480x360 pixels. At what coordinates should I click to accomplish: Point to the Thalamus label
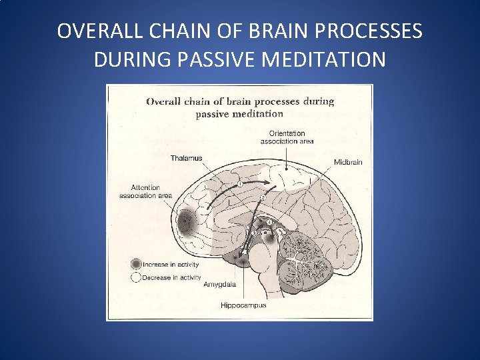click(186, 158)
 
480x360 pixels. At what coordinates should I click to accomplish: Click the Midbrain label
click(348, 162)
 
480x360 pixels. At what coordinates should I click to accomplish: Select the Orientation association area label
click(287, 137)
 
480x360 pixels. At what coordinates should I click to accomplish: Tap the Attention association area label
click(144, 191)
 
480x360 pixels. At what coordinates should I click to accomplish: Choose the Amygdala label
click(219, 284)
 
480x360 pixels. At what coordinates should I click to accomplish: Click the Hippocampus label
click(243, 305)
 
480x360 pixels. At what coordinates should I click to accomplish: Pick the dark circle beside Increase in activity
click(136, 264)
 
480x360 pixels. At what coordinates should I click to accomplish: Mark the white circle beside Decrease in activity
click(136, 277)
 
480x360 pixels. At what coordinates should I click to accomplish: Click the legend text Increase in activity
click(171, 265)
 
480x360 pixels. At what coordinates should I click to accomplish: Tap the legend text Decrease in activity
click(172, 278)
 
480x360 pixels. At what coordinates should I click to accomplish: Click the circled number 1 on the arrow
click(239, 185)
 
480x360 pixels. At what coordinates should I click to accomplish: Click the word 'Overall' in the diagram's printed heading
click(167, 102)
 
